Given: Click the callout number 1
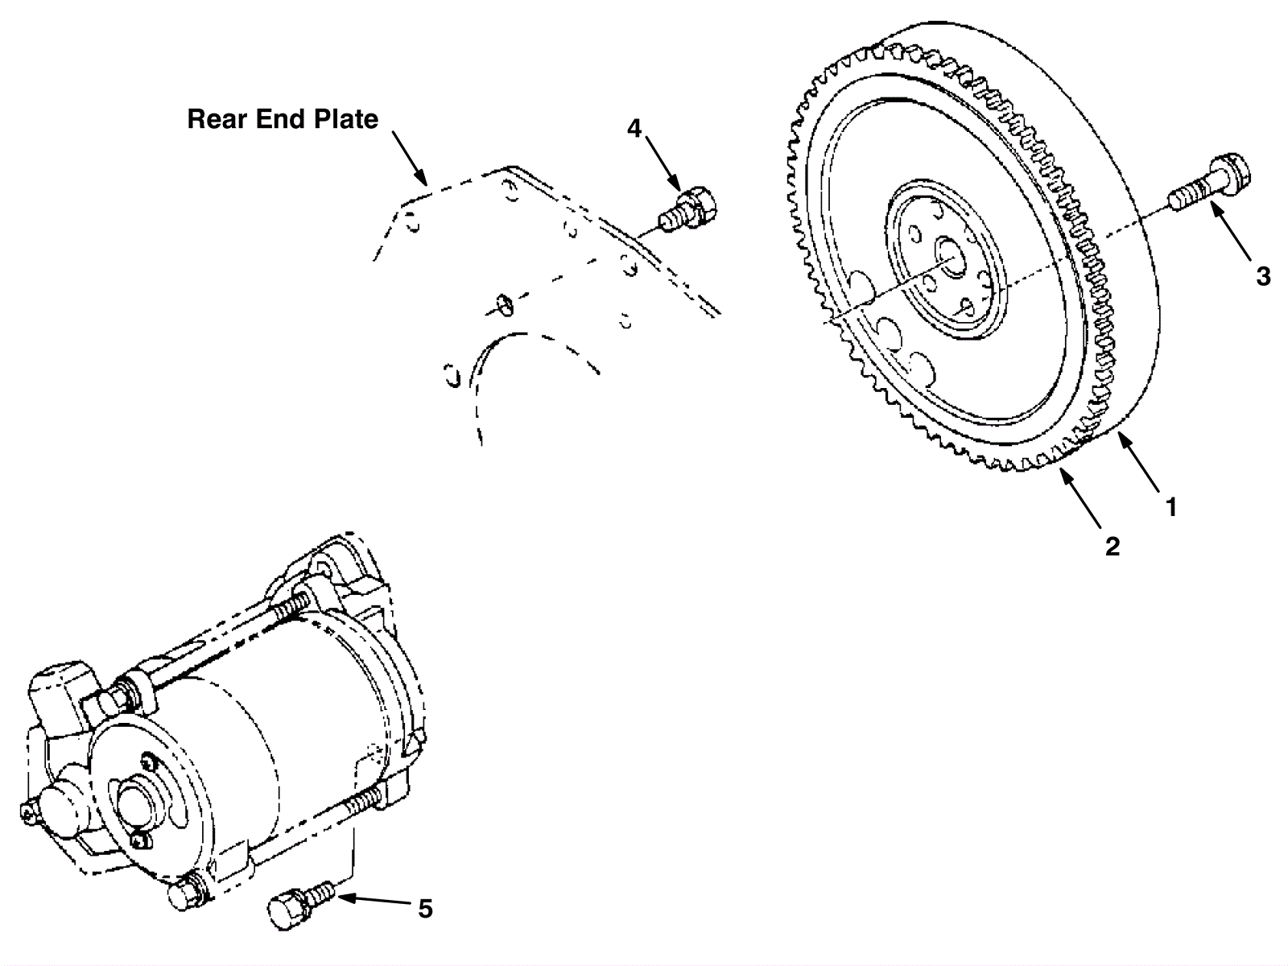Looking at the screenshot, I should (1171, 507).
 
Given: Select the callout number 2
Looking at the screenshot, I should (1112, 547).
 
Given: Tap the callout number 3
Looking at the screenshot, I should (1263, 276).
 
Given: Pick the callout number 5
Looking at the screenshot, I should (425, 909).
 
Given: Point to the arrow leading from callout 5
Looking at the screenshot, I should (375, 901).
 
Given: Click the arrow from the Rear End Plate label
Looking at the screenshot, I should (409, 158).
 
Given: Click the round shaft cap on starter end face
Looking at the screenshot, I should (135, 805).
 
